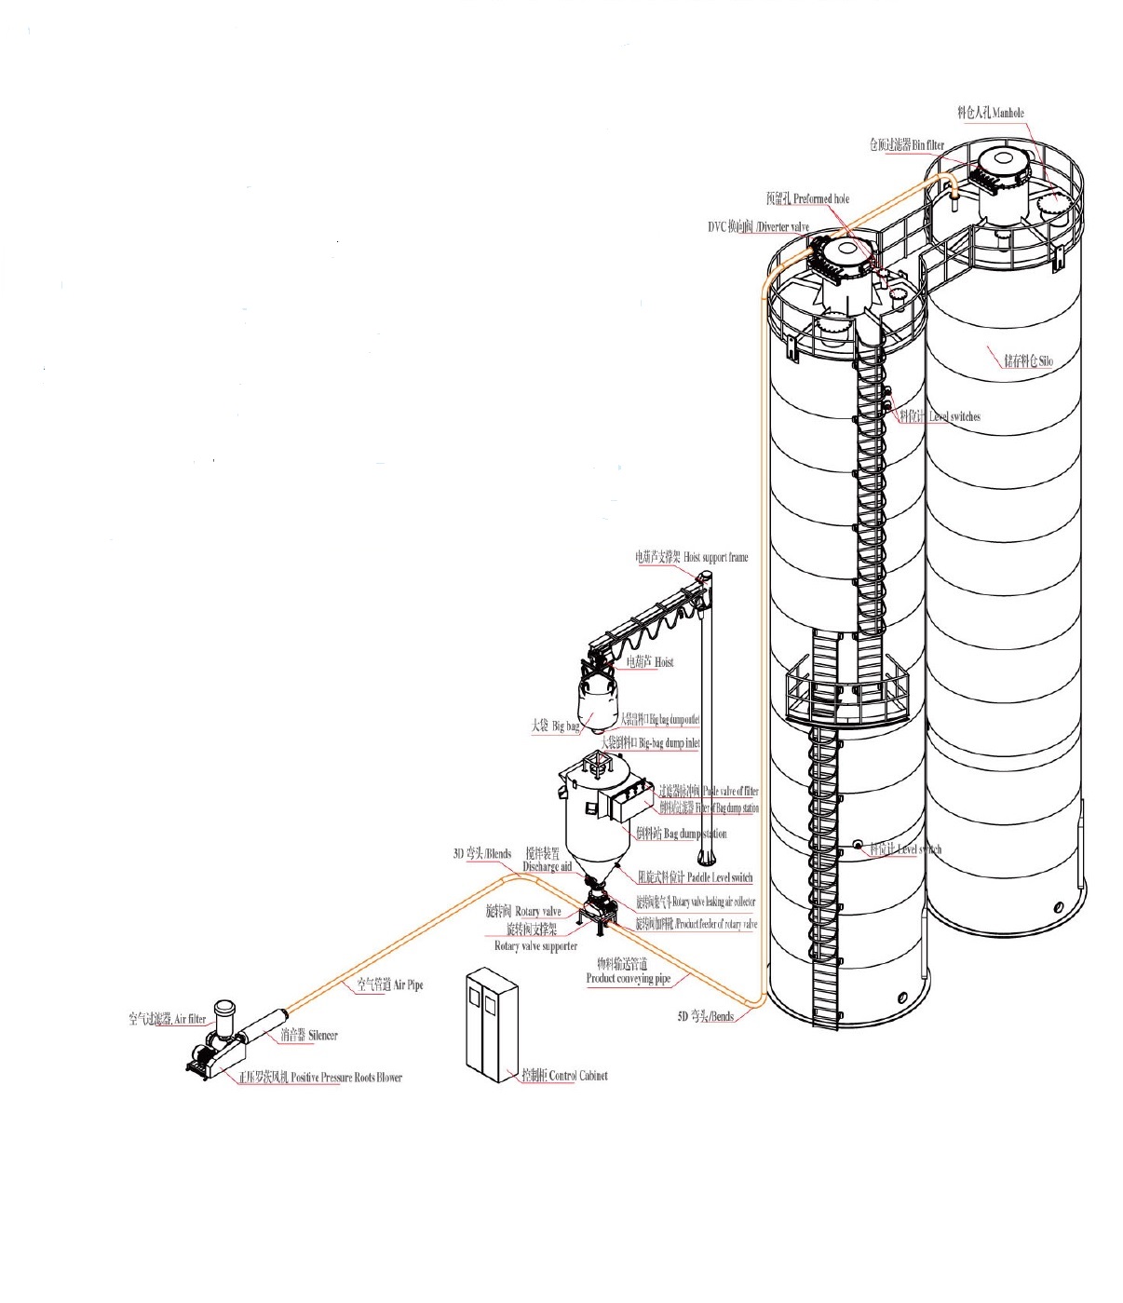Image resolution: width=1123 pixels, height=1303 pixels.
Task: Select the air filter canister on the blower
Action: [x=223, y=1013]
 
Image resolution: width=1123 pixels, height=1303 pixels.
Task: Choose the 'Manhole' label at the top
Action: [x=990, y=113]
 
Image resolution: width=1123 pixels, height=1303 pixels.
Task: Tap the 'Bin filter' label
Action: [x=907, y=145]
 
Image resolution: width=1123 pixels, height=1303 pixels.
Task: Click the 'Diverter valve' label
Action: [x=759, y=227]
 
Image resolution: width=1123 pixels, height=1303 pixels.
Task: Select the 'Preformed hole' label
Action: [x=807, y=198]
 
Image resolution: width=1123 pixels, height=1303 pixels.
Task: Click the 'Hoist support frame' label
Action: [x=692, y=557]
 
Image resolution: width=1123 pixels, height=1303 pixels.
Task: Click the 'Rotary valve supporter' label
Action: [x=535, y=946]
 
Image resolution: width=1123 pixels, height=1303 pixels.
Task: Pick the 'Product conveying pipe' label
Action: [x=628, y=979]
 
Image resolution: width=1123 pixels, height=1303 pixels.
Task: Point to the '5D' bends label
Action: [x=705, y=1017]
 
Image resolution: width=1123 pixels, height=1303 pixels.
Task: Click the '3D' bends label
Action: [x=481, y=853]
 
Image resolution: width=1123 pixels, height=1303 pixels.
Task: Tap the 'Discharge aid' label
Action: [x=547, y=867]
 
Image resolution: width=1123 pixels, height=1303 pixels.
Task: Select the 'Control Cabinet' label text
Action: [x=564, y=1076]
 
